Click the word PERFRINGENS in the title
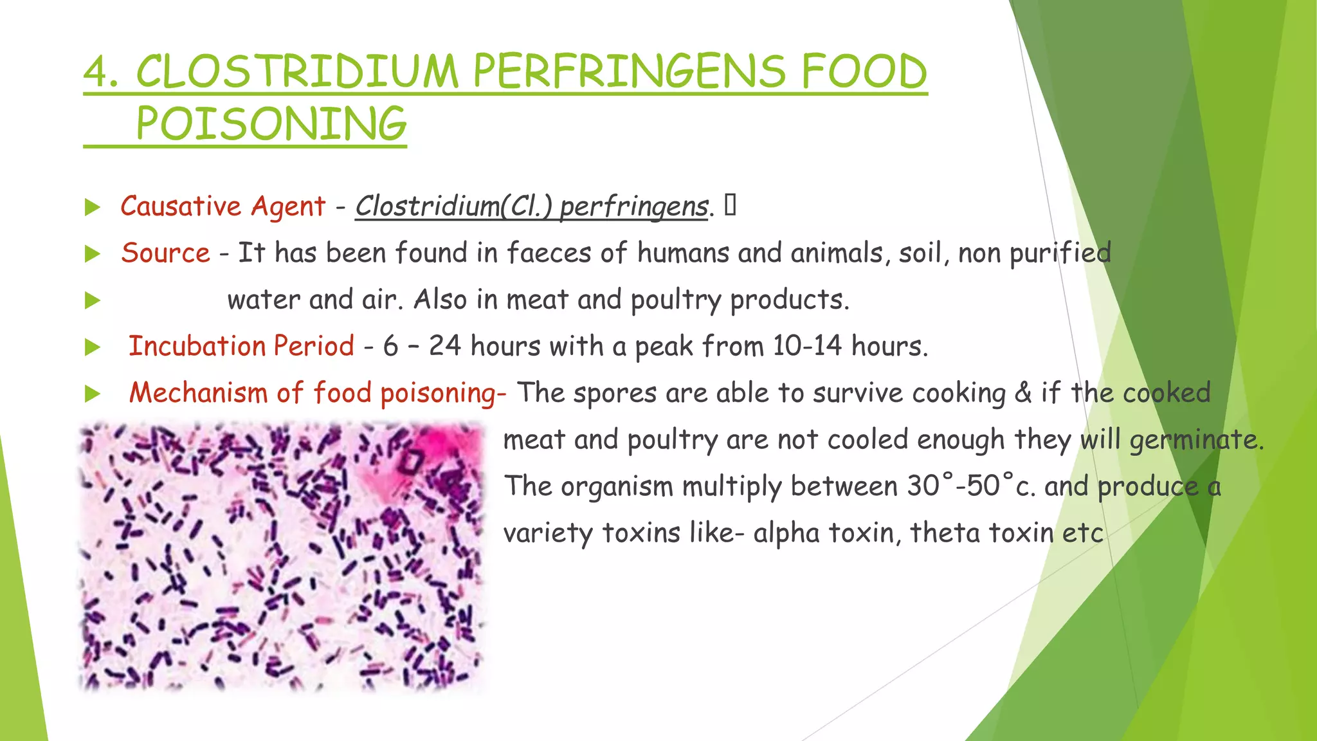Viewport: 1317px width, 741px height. pos(628,71)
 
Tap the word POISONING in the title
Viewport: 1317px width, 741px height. pos(271,124)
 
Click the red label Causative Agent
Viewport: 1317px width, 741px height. pos(223,206)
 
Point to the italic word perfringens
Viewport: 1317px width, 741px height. pos(634,206)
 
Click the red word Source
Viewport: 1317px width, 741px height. pos(165,253)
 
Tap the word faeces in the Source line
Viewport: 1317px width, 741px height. pos(549,253)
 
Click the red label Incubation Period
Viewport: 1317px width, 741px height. pos(241,346)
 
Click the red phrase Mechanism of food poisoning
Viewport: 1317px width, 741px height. pos(317,393)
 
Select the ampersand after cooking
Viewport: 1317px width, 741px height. pos(1023,393)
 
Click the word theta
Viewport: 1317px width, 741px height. pos(945,533)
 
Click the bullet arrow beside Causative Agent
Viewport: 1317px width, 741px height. pos(93,207)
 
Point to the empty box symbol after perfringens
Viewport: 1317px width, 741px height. pos(730,205)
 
